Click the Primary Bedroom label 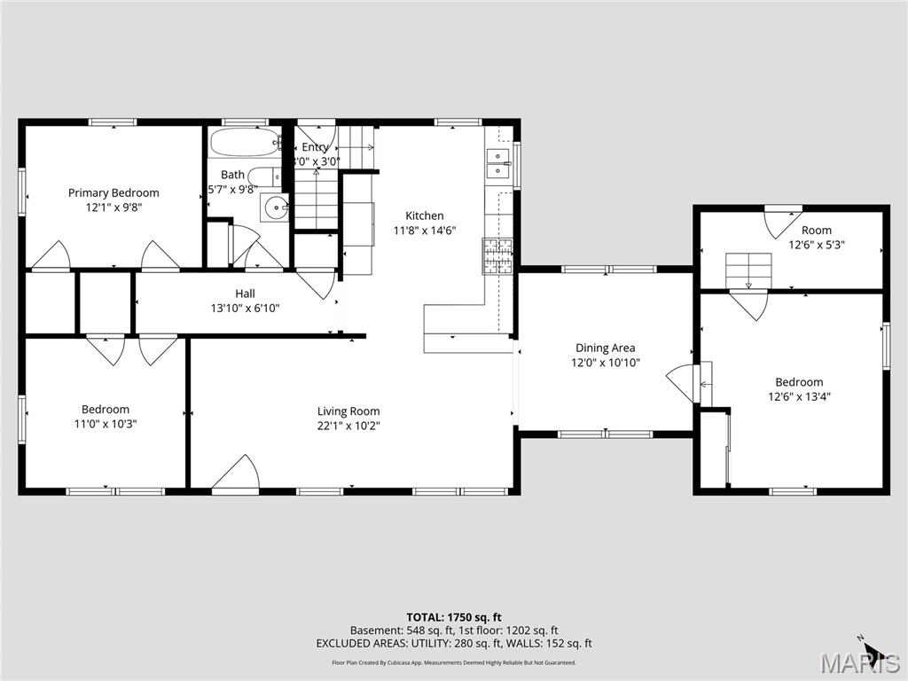[x=113, y=192]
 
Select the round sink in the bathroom [x=276, y=209]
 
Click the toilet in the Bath [x=262, y=176]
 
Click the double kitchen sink [x=497, y=164]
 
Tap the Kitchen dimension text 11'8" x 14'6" [x=424, y=231]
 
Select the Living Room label [x=348, y=411]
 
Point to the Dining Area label [x=605, y=348]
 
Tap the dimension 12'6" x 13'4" [x=799, y=396]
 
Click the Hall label [x=245, y=294]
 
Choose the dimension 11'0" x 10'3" [x=106, y=424]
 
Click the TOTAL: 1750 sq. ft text [x=454, y=617]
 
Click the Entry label [x=316, y=147]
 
